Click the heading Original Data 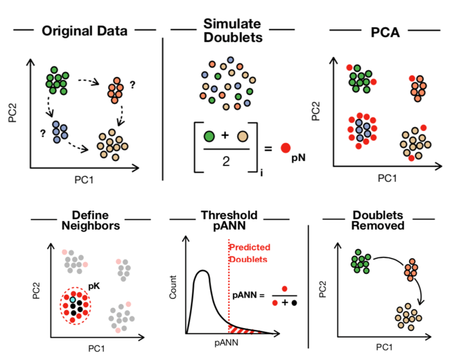pyautogui.click(x=84, y=31)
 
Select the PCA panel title pyautogui.click(x=385, y=32)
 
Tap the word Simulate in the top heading pyautogui.click(x=232, y=24)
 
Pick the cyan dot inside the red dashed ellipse pyautogui.click(x=73, y=300)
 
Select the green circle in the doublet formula pyautogui.click(x=209, y=136)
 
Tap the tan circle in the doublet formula pyautogui.click(x=243, y=136)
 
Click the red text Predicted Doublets pyautogui.click(x=249, y=253)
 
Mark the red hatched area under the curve pyautogui.click(x=241, y=329)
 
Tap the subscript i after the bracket pyautogui.click(x=262, y=171)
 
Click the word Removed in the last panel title pyautogui.click(x=378, y=226)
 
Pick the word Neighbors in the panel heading pyautogui.click(x=91, y=226)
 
